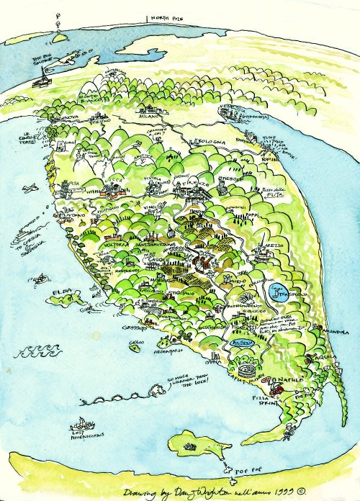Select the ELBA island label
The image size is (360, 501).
[x=63, y=292]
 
